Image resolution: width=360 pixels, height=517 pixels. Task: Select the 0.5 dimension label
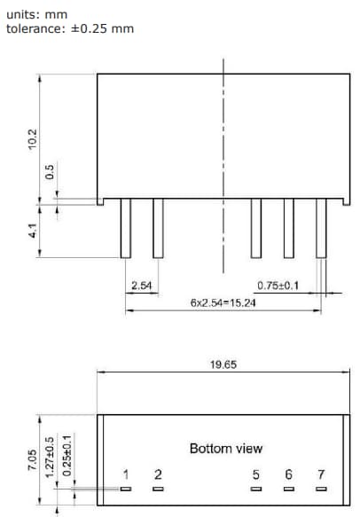click(50, 171)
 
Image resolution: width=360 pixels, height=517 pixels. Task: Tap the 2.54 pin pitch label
click(141, 286)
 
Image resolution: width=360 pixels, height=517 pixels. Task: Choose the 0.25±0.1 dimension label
click(67, 455)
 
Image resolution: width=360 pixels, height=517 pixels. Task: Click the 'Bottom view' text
click(226, 449)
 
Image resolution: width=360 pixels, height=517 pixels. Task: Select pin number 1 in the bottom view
click(126, 475)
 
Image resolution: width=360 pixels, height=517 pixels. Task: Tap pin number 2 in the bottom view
click(158, 475)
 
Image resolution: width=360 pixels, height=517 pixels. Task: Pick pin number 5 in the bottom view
click(256, 475)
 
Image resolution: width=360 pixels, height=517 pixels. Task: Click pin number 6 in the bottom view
click(288, 475)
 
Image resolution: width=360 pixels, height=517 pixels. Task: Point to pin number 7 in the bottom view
click(320, 475)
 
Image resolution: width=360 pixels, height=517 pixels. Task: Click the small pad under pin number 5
click(256, 489)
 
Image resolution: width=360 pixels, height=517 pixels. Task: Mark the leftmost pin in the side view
click(126, 228)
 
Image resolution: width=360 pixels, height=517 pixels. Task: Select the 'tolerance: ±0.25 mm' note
click(70, 28)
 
